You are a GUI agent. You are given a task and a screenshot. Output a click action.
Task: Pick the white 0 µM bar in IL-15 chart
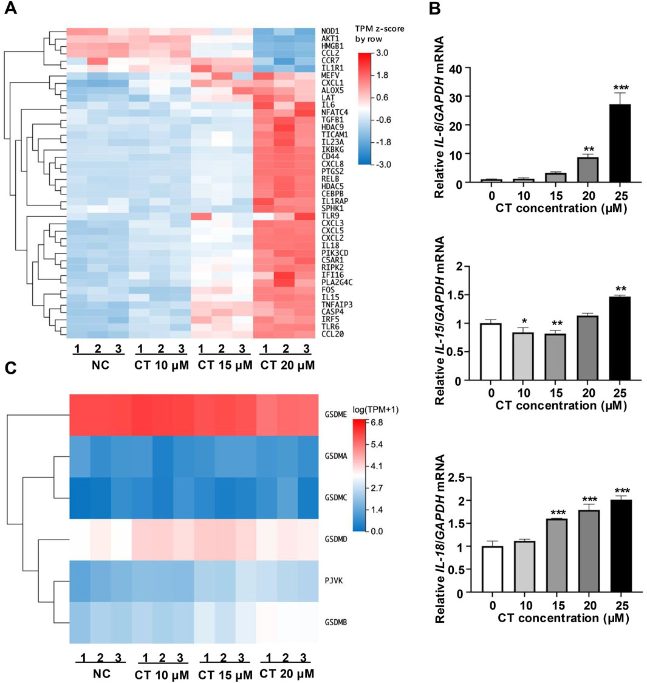click(496, 352)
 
